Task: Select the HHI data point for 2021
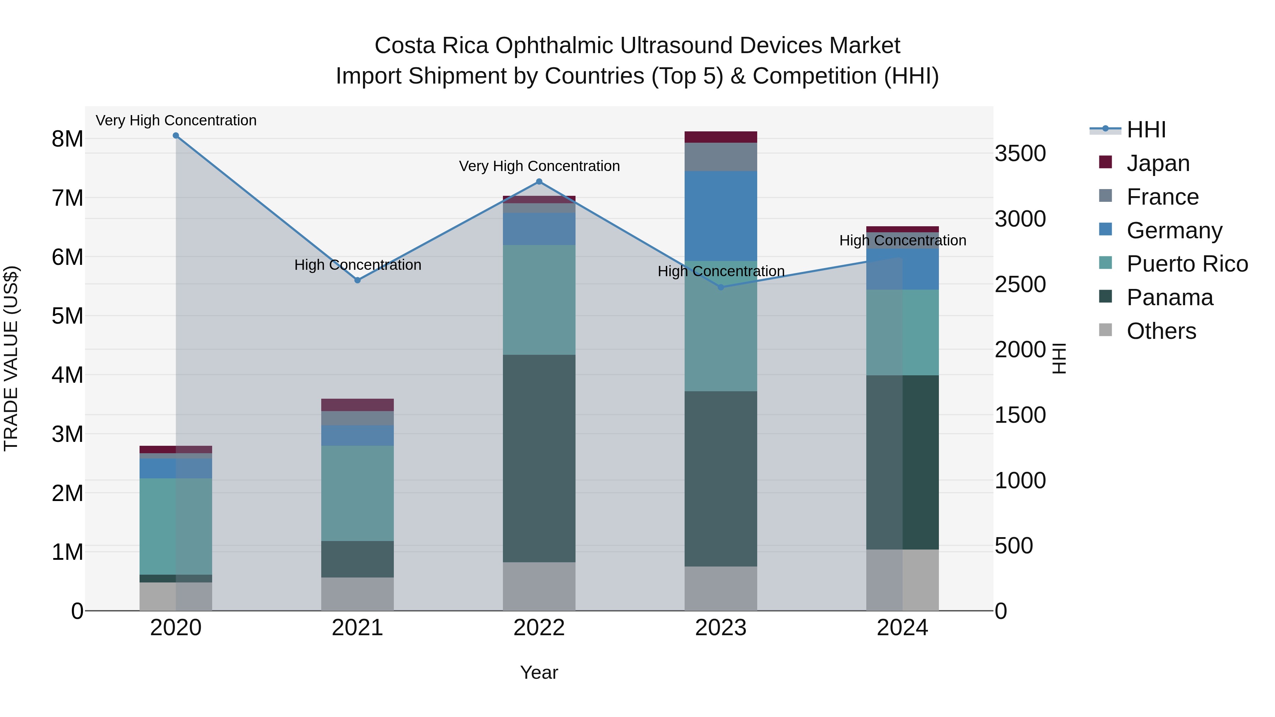tap(357, 280)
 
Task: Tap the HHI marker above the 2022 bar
tap(539, 182)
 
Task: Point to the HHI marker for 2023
tap(721, 287)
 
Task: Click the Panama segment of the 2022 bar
tap(539, 458)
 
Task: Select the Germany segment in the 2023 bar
tap(721, 216)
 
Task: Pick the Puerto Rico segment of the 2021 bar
tap(357, 493)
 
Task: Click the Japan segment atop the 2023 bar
tap(721, 137)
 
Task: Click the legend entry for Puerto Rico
tap(1187, 264)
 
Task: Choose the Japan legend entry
tap(1158, 163)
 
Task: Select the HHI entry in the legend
tap(1146, 130)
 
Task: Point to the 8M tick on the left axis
tap(67, 139)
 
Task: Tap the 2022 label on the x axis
tap(539, 628)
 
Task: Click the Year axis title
tap(539, 672)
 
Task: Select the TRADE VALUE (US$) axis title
tap(11, 358)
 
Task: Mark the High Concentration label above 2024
tap(902, 240)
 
